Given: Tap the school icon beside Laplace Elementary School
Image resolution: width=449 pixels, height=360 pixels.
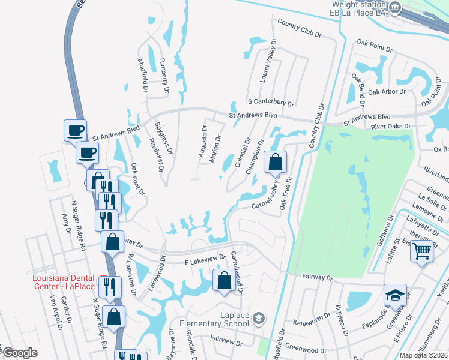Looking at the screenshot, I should (259, 317).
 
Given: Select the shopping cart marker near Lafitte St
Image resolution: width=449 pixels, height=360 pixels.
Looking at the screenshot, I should (422, 251).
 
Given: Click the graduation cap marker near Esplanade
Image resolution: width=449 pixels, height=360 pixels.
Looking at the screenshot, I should (395, 295).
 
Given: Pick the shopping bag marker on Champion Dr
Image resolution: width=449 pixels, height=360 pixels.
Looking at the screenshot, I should (274, 161).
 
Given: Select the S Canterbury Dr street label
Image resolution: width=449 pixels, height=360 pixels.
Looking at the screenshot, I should (270, 103).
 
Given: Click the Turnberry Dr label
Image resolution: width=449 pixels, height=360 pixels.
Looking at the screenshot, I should (164, 75).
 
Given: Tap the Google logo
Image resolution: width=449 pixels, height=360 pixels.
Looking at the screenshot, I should (20, 353).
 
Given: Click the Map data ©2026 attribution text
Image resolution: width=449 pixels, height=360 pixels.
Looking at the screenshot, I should (424, 355).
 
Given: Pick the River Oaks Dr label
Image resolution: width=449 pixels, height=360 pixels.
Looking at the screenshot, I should (390, 127).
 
